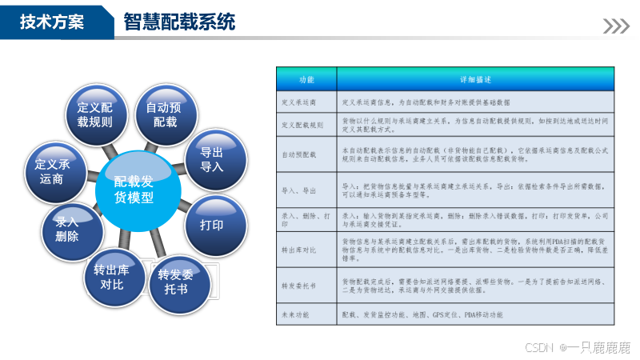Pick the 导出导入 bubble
point(211,159)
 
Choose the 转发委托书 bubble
point(176,281)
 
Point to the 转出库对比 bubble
point(113,275)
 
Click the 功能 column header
point(307,81)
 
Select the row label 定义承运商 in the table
point(299,103)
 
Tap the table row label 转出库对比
point(300,250)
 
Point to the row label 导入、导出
point(299,190)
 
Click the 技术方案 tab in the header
point(51,22)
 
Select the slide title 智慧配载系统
point(179,22)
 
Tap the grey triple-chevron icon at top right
point(616,26)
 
